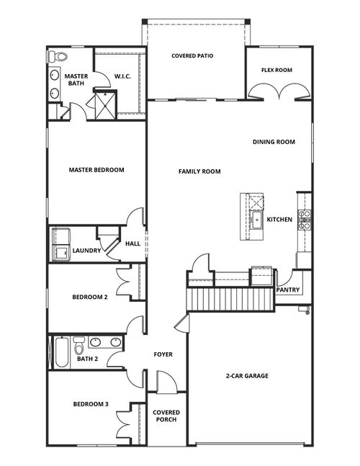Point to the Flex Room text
pyautogui.click(x=276, y=70)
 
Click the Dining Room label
pyautogui.click(x=274, y=142)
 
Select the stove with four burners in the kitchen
pyautogui.click(x=305, y=219)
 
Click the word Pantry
pyautogui.click(x=288, y=290)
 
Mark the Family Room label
pyautogui.click(x=199, y=171)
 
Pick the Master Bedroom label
pyautogui.click(x=96, y=170)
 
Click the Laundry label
pyautogui.click(x=86, y=251)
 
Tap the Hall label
pyautogui.click(x=132, y=243)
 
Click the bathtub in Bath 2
pyautogui.click(x=62, y=352)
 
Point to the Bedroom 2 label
pyautogui.click(x=89, y=297)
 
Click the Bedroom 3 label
pyautogui.click(x=90, y=404)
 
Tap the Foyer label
pyautogui.click(x=163, y=354)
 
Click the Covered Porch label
pyautogui.click(x=166, y=417)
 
